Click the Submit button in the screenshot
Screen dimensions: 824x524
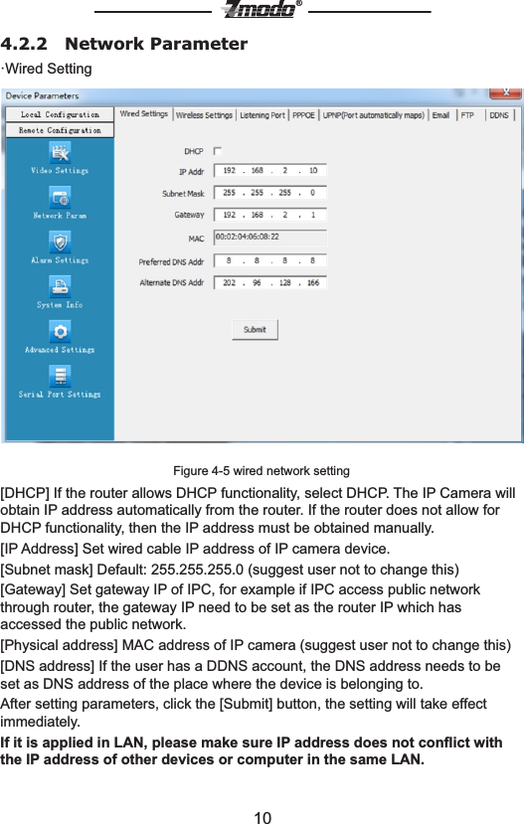pyautogui.click(x=255, y=329)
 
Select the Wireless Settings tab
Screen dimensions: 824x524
pyautogui.click(x=204, y=115)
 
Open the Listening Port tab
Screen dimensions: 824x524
pyautogui.click(x=261, y=115)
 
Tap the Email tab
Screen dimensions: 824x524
pyautogui.click(x=440, y=115)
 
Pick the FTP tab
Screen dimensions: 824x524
pyautogui.click(x=467, y=115)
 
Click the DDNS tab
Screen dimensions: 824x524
pyautogui.click(x=499, y=115)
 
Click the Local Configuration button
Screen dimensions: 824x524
pyautogui.click(x=60, y=115)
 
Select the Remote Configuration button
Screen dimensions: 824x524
pyautogui.click(x=60, y=130)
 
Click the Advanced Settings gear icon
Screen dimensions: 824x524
pyautogui.click(x=60, y=331)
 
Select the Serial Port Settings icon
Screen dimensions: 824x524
pyautogui.click(x=60, y=376)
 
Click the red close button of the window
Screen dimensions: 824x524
pyautogui.click(x=510, y=95)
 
